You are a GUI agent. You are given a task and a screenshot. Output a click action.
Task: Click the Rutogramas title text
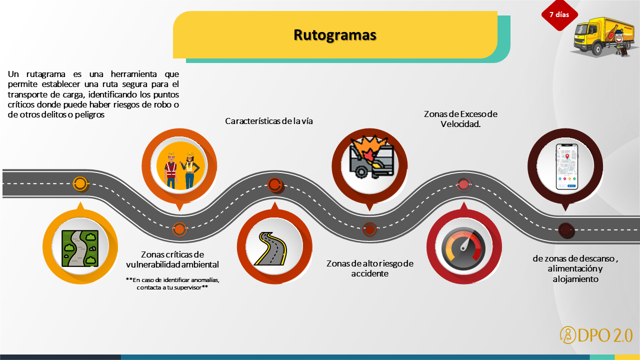pos(334,35)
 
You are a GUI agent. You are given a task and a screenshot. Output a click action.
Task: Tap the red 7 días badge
pos(559,14)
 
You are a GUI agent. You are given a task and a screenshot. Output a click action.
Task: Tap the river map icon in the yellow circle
pos(80,248)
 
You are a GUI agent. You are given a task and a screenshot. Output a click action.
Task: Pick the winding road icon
pos(270,248)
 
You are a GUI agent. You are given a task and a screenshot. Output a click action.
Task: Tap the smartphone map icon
pos(566,167)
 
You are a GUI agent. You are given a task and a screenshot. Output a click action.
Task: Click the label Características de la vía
pos(269,121)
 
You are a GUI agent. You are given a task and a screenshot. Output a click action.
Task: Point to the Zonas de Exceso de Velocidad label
pos(460,119)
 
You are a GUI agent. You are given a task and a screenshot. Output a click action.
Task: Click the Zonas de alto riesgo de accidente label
pos(370,268)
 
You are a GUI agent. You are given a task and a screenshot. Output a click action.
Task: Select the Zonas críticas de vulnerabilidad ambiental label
pos(172,259)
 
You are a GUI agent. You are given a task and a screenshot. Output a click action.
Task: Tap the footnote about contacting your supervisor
pos(172,283)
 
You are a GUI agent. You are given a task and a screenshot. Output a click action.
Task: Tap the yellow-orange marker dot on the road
pos(80,183)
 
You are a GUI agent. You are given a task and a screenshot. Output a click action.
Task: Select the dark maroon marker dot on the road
pos(565,229)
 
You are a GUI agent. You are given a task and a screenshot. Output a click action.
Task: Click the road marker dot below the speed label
pos(463,184)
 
